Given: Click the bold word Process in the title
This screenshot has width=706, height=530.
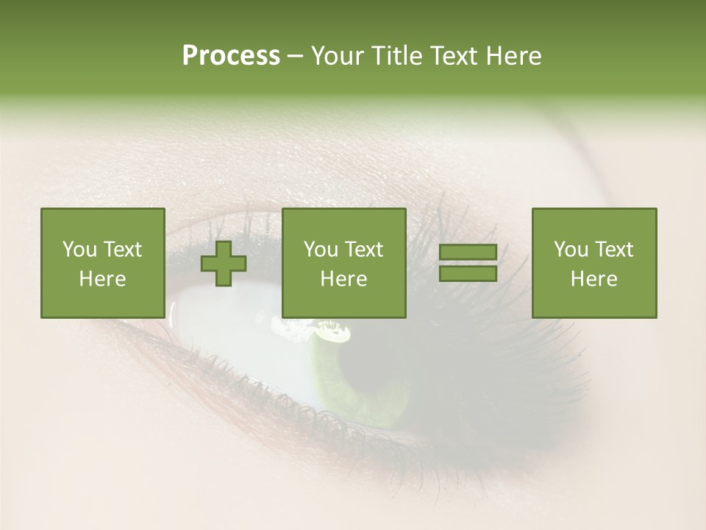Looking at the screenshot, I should click(x=231, y=56).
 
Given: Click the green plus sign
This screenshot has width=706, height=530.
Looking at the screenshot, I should click(x=224, y=263).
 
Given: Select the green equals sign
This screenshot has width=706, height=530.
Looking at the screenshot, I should click(x=468, y=263).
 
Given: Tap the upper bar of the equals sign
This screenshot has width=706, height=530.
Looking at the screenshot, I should click(x=468, y=252).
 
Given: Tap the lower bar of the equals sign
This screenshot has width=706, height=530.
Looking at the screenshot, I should click(x=468, y=273).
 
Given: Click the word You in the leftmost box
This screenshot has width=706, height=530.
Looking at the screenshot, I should click(x=79, y=250).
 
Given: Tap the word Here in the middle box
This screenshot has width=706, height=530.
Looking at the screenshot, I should click(x=343, y=279).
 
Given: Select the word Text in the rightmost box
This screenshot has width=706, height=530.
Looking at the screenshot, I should click(x=613, y=250).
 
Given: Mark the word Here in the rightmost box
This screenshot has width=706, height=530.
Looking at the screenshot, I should click(x=593, y=279).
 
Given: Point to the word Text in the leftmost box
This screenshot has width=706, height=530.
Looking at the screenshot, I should click(x=122, y=250).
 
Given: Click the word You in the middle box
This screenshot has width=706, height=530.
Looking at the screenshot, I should click(x=321, y=250).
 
